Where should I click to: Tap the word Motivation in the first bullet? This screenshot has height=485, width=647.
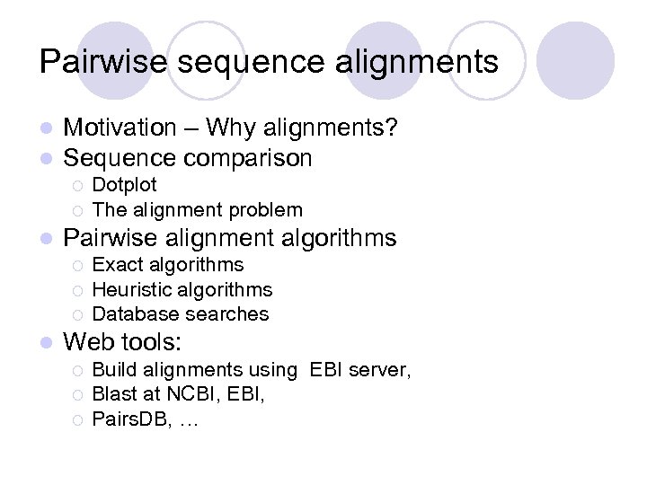120,128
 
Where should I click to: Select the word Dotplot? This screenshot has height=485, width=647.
125,185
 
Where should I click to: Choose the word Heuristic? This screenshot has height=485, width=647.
133,289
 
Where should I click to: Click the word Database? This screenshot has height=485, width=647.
133,314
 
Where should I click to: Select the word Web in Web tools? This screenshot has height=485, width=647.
88,342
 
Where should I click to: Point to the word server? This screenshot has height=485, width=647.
381,369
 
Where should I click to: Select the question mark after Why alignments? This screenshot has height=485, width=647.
392,128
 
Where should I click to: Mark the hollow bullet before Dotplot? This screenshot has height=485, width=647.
77,186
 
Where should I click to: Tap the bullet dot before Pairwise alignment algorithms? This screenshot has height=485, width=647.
47,239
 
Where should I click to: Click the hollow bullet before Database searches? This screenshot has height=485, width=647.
77,315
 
